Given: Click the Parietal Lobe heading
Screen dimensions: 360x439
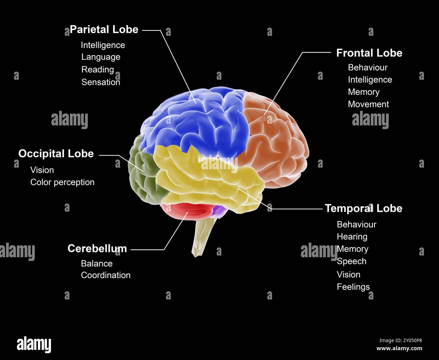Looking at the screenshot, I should pos(104,30).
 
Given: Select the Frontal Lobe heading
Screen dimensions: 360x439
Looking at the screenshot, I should pos(369,53).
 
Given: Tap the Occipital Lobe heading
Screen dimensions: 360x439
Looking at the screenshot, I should pos(56,154).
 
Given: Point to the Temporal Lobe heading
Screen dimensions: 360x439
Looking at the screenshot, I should pos(363,208).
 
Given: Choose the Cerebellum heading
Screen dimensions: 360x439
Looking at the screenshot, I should pos(97,248).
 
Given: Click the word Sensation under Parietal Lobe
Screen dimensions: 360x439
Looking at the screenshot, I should pos(101,82).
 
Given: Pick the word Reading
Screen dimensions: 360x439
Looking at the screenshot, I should pos(98,70).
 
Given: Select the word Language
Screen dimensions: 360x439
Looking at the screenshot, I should pos(101,57).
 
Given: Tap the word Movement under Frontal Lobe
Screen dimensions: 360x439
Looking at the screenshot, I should pos(368,104).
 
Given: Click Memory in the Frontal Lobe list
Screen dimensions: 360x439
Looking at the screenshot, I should pos(364,92).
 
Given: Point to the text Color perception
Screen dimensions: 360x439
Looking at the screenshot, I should pos(62,182).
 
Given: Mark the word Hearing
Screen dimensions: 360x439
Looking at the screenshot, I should pos(352,237).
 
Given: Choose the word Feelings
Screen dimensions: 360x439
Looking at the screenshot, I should pos(353,287).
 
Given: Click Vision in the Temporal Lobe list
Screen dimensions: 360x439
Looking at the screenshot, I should pos(348,274).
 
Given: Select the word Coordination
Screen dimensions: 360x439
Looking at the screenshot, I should pos(106,275).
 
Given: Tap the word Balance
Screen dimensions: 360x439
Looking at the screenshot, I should pos(97,263).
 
